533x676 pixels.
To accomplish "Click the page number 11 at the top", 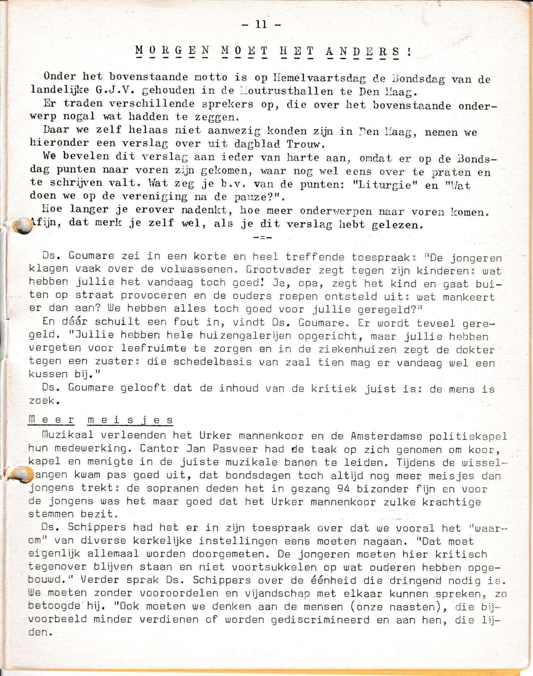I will coord(261,24).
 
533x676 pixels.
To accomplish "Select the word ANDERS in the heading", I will coord(363,52).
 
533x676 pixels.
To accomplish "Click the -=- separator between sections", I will coord(262,238).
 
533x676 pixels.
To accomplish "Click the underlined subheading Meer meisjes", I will coord(101,420).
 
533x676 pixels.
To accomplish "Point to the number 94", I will coord(343,489).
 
